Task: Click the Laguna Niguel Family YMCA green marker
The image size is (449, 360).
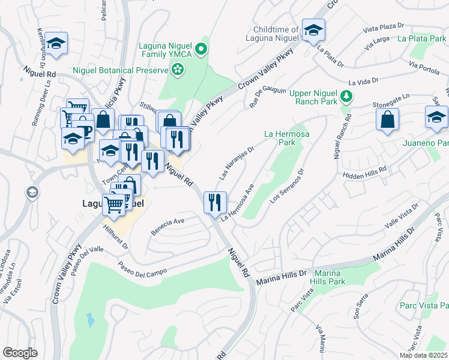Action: click(202, 49)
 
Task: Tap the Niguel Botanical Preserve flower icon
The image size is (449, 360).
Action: click(178, 71)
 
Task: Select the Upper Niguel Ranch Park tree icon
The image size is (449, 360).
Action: click(346, 96)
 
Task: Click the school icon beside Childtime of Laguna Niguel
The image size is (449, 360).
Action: click(313, 31)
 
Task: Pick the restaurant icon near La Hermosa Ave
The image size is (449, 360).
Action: click(214, 202)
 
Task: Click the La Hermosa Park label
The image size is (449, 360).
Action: click(287, 138)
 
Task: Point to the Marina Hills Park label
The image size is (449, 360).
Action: click(328, 277)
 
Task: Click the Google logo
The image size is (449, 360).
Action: click(20, 352)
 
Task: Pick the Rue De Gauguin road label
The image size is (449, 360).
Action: click(268, 96)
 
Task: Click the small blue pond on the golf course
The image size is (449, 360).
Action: click(90, 319)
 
